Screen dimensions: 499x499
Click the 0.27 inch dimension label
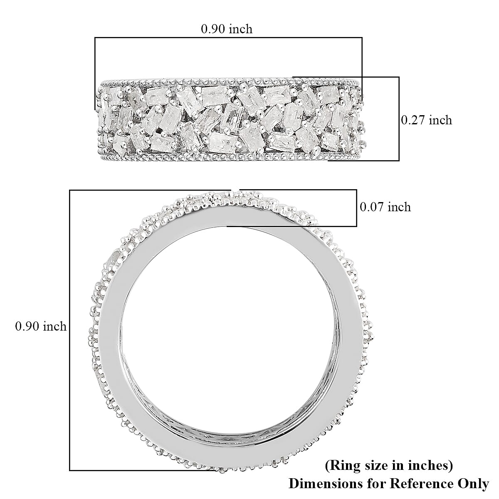[x=426, y=120]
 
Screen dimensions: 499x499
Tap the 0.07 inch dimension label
[x=385, y=207]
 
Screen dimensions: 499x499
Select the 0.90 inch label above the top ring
[x=227, y=29]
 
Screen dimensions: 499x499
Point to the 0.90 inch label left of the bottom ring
[x=41, y=326]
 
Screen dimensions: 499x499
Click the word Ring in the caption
[x=343, y=465]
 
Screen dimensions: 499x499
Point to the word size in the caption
[x=374, y=465]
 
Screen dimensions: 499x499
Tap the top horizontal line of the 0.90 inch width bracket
[x=228, y=38]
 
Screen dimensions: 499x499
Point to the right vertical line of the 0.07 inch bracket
[x=356, y=208]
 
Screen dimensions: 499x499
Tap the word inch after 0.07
[x=399, y=207]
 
